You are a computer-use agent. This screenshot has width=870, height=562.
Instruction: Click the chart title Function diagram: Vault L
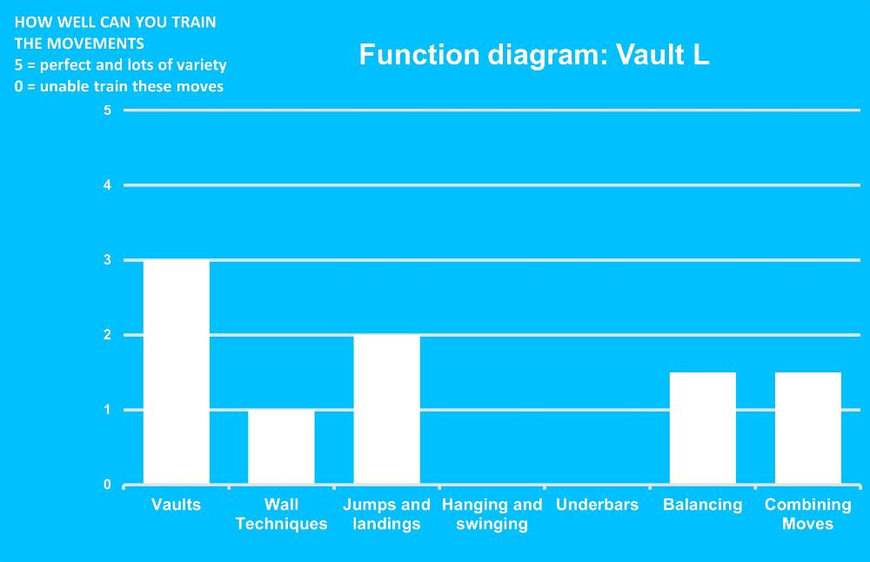coord(534,54)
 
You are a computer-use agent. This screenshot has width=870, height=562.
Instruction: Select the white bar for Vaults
coord(177,371)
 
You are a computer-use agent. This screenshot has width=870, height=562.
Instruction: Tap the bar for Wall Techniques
coord(281,446)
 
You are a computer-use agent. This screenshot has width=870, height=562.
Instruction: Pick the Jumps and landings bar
coord(387,410)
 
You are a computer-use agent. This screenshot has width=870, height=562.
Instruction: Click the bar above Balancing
coord(702,428)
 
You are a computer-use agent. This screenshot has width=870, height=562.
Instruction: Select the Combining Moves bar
coord(808,428)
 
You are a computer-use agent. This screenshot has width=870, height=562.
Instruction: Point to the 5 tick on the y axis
coord(107,110)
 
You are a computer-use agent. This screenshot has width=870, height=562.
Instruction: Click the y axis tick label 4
coord(107,184)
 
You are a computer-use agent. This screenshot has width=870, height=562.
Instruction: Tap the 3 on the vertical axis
coord(107,259)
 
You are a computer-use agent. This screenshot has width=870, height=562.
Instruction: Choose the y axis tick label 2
coord(107,335)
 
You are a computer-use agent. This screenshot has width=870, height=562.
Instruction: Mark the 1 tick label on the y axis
coord(107,410)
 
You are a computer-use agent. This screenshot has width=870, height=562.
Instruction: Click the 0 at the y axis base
coord(107,485)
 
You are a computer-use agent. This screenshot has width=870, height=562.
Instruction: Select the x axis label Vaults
coord(176,505)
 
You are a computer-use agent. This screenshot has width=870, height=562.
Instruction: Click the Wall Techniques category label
coord(281,514)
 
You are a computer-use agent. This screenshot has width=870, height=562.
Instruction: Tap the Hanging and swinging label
coord(492,514)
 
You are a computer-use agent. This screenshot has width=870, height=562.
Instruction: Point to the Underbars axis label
coord(597,505)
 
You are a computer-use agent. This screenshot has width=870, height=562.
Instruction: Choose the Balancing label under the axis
coord(702,505)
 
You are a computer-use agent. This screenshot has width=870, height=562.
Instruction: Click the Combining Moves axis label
coord(808,514)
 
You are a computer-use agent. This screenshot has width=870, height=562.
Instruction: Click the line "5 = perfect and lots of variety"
coord(120,65)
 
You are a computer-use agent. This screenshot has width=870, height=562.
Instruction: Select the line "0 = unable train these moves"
coord(118,86)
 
